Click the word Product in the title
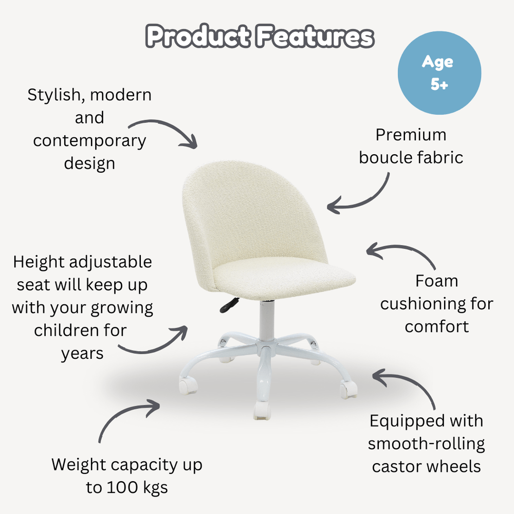pos(198,37)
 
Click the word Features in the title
pos(314,37)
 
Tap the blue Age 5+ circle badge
pos(439,73)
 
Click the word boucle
pos(386,157)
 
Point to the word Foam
pos(436,281)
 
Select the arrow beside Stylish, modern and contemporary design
pos(164,131)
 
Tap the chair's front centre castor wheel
pos(261,410)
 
